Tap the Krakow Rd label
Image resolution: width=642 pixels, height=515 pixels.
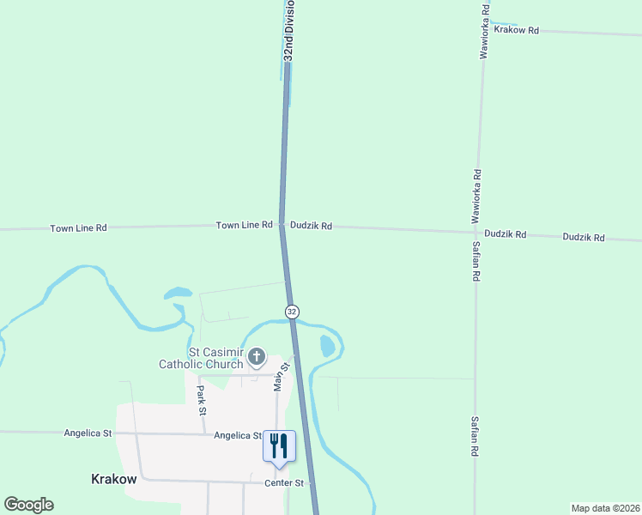point(516,30)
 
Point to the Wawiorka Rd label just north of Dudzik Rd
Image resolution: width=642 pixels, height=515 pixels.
point(477,196)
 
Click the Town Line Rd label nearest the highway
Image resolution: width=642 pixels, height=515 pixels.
point(244,225)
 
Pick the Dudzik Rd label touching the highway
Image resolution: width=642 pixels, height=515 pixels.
point(311,226)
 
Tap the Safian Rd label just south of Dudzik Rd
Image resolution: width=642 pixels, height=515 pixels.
point(476,262)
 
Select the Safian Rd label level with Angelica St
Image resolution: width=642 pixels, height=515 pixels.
point(475,435)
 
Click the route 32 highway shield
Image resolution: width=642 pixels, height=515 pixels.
point(293,311)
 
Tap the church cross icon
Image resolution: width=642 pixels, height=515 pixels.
point(256,357)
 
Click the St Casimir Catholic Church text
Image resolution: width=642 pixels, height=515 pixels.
point(201,358)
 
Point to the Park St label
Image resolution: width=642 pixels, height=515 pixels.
point(202,400)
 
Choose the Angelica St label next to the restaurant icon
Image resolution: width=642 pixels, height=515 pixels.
point(238,435)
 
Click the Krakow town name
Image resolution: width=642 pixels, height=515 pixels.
point(113,479)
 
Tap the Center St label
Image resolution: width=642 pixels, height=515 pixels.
point(284,483)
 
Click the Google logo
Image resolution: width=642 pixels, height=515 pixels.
point(28,505)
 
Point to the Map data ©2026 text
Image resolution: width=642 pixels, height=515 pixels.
point(604,508)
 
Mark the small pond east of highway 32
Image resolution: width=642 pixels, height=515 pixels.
point(327,347)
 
